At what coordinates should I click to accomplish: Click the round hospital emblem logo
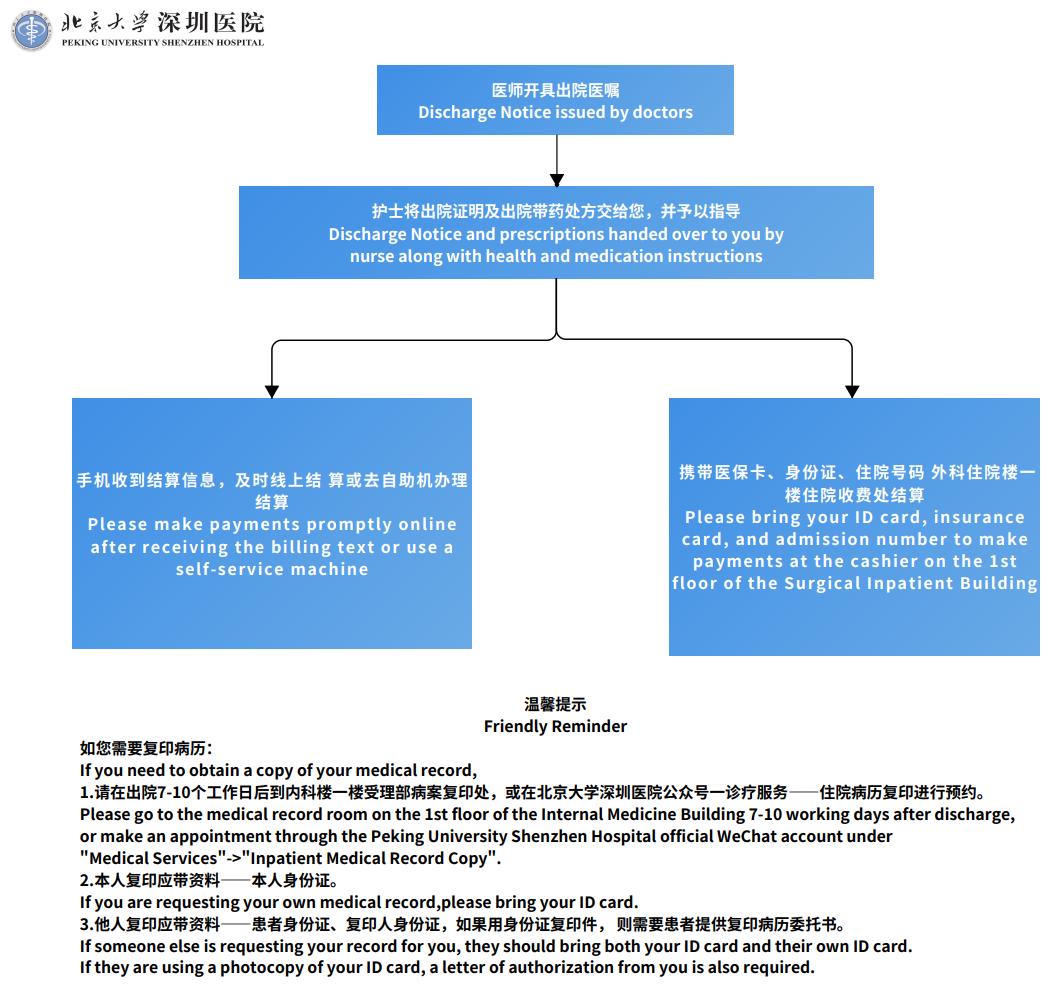[31, 30]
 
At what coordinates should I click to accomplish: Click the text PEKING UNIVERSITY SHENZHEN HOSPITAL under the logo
[163, 42]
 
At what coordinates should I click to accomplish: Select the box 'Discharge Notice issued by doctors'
[555, 100]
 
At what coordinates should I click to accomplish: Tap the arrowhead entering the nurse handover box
[557, 180]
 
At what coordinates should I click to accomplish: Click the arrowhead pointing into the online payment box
[271, 392]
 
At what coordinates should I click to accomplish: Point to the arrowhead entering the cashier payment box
[852, 392]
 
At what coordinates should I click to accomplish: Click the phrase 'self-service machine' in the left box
[272, 569]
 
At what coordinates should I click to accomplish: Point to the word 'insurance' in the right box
[979, 517]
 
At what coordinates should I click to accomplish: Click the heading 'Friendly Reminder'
[555, 726]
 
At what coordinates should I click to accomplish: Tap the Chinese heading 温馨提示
[555, 704]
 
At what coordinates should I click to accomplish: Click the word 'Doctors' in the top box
[662, 112]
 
